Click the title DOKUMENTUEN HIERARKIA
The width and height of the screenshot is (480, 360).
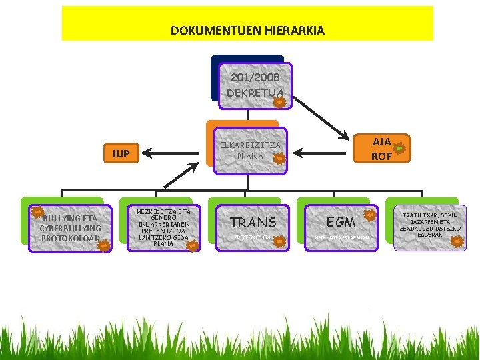pyautogui.click(x=247, y=31)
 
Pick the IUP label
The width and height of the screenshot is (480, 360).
pyautogui.click(x=121, y=154)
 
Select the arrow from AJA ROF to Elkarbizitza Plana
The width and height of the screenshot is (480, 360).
pyautogui.click(x=323, y=154)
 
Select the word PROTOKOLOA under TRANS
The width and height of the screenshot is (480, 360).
pyautogui.click(x=251, y=237)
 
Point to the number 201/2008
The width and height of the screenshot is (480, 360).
pyautogui.click(x=255, y=77)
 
